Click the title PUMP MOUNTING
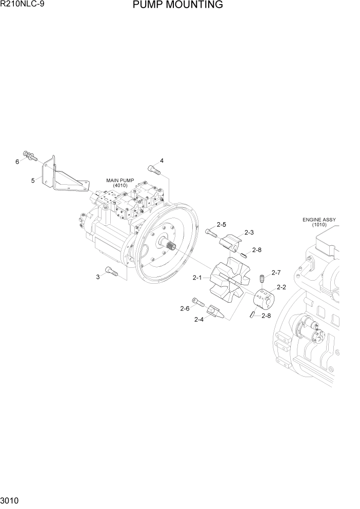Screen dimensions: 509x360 (x=177, y=5)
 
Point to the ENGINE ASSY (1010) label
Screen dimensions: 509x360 (x=319, y=222)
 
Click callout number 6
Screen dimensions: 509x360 (x=17, y=162)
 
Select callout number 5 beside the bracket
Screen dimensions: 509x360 (x=33, y=180)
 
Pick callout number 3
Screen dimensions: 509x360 (x=97, y=277)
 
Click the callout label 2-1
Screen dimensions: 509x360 (x=198, y=278)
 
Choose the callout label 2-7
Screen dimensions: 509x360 (x=276, y=272)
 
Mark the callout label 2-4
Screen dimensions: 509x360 (x=199, y=320)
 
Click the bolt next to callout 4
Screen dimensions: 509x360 (x=153, y=169)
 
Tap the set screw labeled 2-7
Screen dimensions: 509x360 (x=260, y=279)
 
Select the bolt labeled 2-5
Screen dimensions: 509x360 (x=211, y=232)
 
